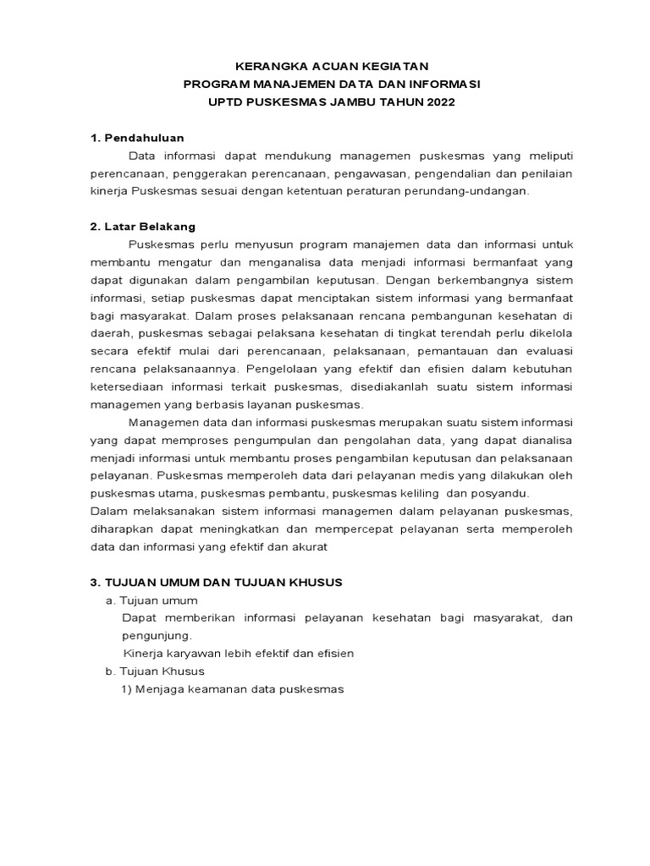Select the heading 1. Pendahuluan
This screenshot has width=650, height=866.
pos(137,138)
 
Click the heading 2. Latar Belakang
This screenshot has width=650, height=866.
pos(143,227)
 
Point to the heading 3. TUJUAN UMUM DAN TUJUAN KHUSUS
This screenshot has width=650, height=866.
pos(216,583)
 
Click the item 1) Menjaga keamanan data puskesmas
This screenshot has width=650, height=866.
pos(234,689)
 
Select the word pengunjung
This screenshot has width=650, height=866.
pos(157,636)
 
